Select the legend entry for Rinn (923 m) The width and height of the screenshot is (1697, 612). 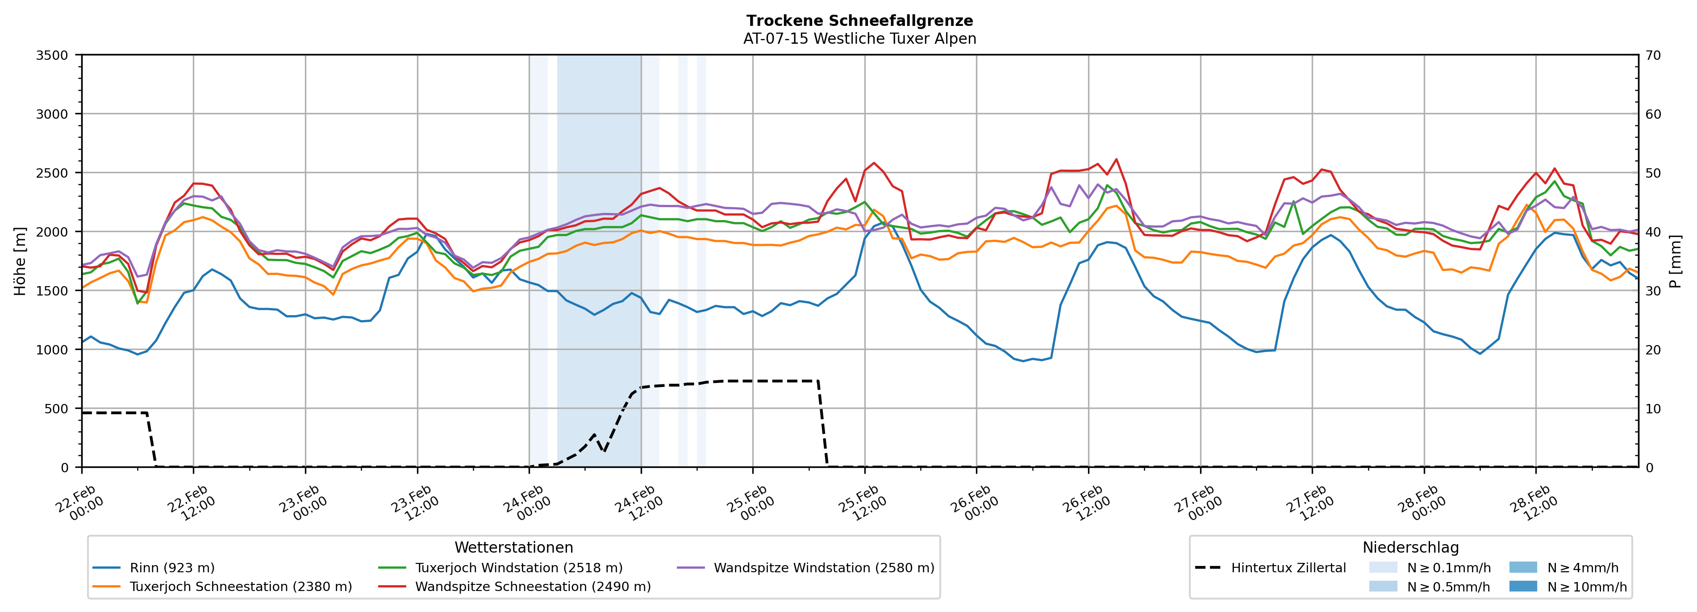click(172, 568)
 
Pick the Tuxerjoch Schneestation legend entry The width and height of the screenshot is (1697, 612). click(241, 586)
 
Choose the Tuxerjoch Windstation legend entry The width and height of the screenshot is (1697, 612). click(518, 568)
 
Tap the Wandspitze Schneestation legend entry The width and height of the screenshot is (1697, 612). click(532, 586)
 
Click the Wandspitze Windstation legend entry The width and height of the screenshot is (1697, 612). click(823, 568)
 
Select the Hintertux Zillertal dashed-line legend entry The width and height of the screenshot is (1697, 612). click(1288, 568)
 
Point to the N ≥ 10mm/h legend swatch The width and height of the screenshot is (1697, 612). click(1522, 586)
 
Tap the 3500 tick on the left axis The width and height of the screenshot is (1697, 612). click(52, 55)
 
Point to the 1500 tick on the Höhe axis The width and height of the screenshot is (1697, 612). click(52, 291)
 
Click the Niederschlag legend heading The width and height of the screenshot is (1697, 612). click(1410, 547)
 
